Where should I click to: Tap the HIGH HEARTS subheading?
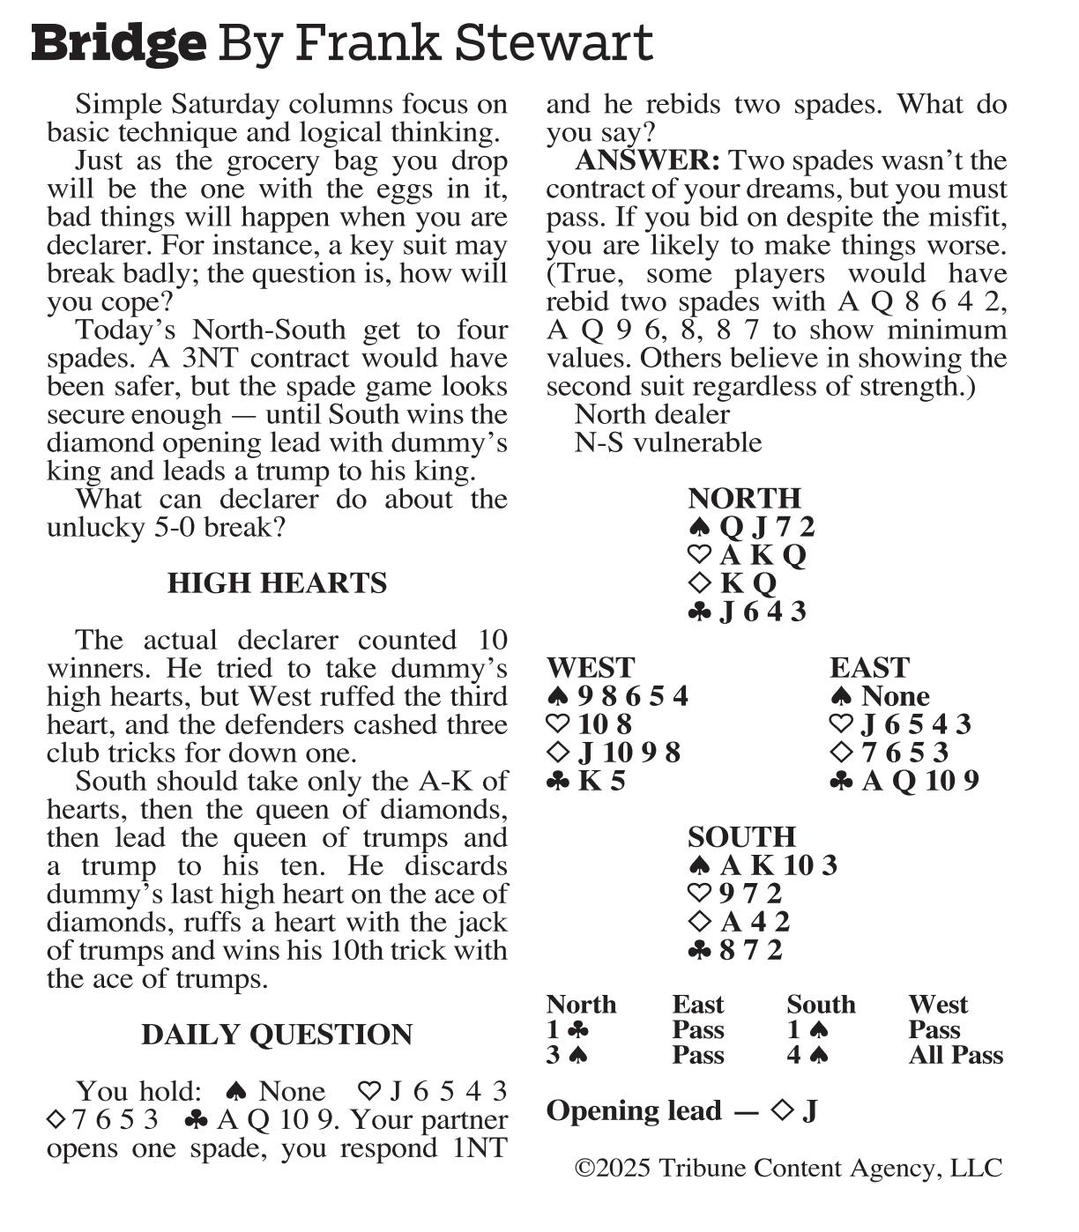click(x=277, y=583)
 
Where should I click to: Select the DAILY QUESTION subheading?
click(x=277, y=1035)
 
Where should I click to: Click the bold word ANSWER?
click(x=647, y=160)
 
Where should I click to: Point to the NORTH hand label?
click(x=744, y=498)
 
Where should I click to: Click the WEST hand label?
click(x=590, y=667)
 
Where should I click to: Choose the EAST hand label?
click(x=869, y=667)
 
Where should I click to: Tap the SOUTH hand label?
click(x=741, y=836)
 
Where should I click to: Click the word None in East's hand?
click(x=895, y=696)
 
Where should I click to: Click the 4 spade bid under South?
click(x=807, y=1056)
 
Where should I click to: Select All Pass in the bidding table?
click(x=956, y=1056)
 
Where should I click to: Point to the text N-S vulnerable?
click(x=668, y=442)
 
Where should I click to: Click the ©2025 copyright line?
click(x=788, y=1169)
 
